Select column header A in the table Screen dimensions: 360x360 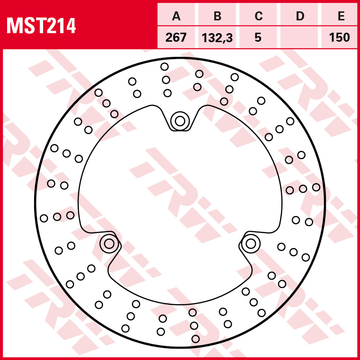click(x=177, y=17)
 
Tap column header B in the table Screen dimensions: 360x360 click(x=217, y=17)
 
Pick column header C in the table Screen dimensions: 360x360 click(x=258, y=17)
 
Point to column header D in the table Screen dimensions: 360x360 click(x=300, y=17)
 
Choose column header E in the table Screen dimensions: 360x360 click(x=341, y=17)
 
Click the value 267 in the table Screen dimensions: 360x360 click(x=177, y=37)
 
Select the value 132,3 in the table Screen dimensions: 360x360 click(x=217, y=37)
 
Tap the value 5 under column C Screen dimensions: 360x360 click(x=258, y=37)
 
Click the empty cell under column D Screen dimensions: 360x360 click(x=300, y=37)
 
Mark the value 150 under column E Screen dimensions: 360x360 click(x=341, y=37)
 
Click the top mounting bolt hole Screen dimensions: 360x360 click(x=180, y=121)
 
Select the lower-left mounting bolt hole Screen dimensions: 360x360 click(x=109, y=244)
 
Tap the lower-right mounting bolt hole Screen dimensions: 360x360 click(x=251, y=244)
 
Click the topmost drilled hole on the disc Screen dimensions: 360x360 click(x=164, y=66)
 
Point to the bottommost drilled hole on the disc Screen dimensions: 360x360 click(x=196, y=339)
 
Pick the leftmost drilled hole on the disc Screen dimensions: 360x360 click(x=44, y=218)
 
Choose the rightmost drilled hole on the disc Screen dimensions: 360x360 click(x=316, y=187)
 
